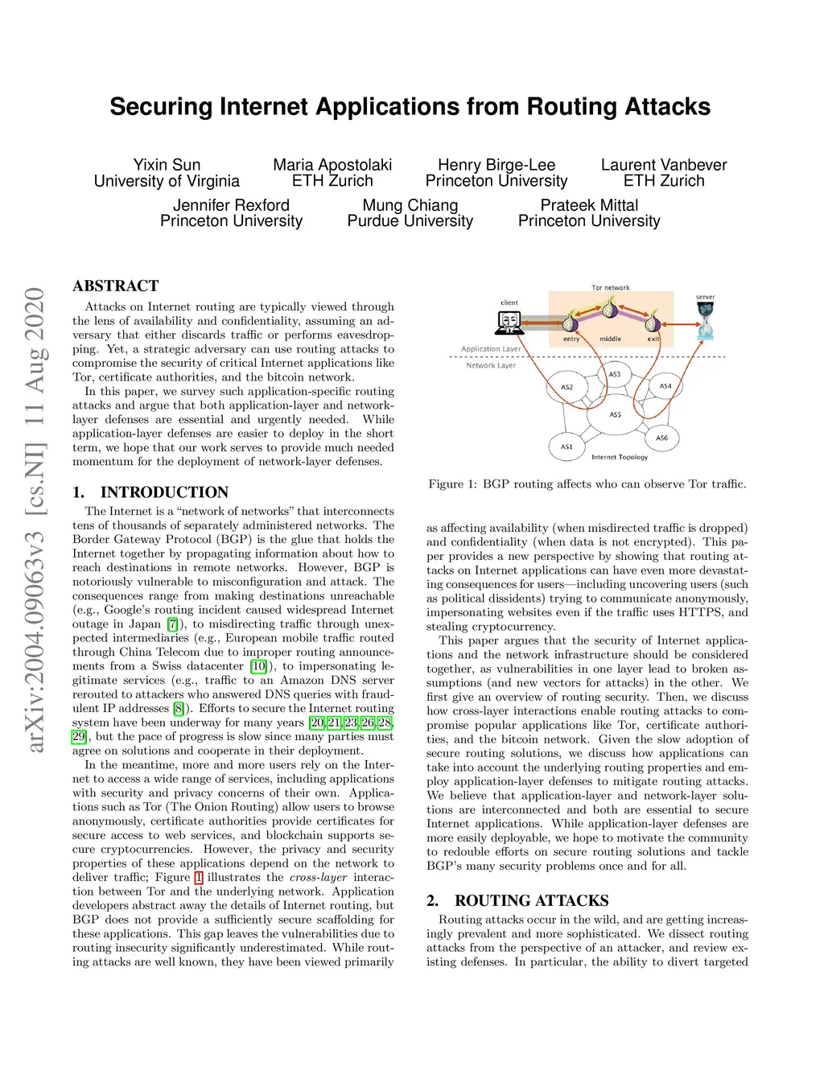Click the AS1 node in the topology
(x=567, y=447)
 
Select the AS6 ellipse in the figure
(x=661, y=438)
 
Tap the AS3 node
(x=615, y=374)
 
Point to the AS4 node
(x=665, y=386)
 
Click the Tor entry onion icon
(x=571, y=323)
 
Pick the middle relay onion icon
(x=610, y=309)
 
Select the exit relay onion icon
(x=653, y=323)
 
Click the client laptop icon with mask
(x=509, y=323)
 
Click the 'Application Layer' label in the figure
(x=491, y=349)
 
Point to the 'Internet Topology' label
(x=620, y=457)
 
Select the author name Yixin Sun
(x=167, y=165)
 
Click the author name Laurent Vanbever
(x=664, y=165)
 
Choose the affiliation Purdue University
(x=410, y=221)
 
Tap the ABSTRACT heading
(x=116, y=286)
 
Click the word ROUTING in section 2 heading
(x=491, y=900)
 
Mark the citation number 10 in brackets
(x=258, y=666)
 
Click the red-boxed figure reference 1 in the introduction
(x=199, y=878)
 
